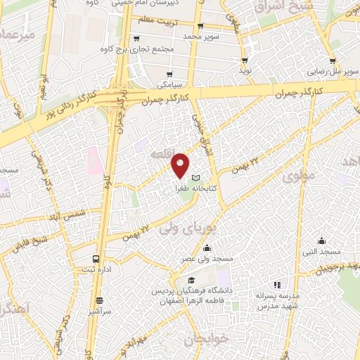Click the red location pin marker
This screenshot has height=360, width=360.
180,165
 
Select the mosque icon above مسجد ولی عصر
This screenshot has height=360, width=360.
207,247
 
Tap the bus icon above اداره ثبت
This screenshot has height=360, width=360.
96,258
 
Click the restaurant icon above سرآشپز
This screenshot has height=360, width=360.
99,299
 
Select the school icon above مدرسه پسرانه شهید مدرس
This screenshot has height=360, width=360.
277,285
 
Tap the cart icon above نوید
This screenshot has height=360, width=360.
244,60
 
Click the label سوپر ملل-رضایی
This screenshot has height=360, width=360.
336,71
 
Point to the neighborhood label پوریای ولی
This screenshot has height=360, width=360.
181,229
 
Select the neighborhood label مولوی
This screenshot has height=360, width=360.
297,177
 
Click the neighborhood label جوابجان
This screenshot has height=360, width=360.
207,340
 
